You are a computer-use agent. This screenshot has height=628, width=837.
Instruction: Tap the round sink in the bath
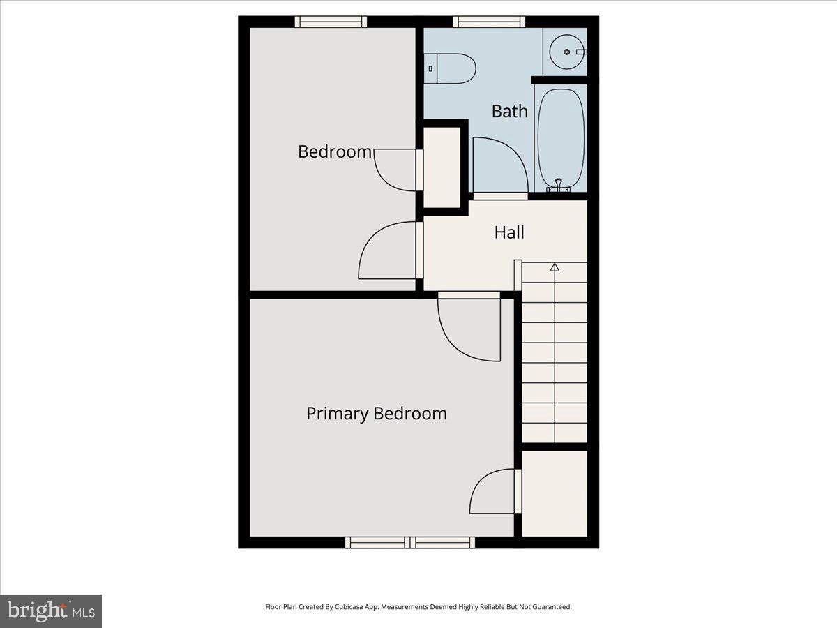click(566, 52)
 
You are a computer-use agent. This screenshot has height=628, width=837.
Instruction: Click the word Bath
click(509, 111)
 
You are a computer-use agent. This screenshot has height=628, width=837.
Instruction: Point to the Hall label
click(509, 232)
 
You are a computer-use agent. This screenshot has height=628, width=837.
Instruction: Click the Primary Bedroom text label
click(377, 413)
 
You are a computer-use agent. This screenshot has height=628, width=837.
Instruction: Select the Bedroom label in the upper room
click(335, 151)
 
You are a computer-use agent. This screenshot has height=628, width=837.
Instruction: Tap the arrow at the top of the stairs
click(555, 267)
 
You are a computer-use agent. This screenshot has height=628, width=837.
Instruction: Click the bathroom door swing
click(498, 165)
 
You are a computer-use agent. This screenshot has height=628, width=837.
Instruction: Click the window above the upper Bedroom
click(331, 22)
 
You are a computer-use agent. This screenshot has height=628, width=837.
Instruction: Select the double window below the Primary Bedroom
click(410, 542)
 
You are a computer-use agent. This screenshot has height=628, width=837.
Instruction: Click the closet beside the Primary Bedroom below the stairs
click(555, 493)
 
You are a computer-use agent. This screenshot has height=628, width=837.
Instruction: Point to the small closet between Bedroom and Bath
click(442, 167)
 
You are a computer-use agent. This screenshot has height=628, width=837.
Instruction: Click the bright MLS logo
click(51, 611)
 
